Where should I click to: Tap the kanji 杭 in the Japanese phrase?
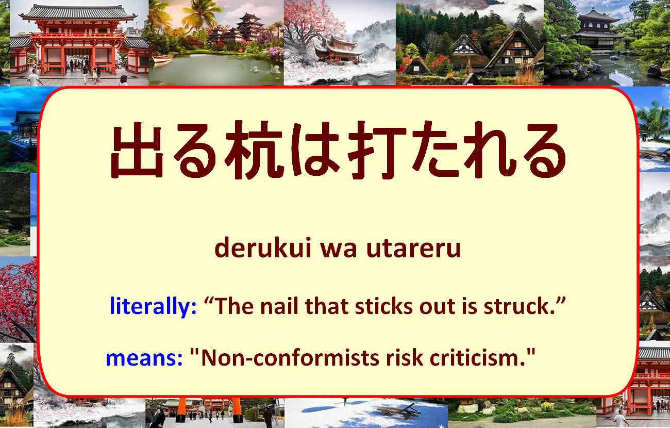[x=254, y=150]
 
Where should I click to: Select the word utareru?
[x=413, y=249]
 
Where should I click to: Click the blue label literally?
[x=153, y=306]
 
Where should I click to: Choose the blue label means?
[x=144, y=358]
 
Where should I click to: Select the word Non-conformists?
[x=290, y=358]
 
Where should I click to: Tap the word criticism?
[x=478, y=358]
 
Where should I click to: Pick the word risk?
[x=405, y=358]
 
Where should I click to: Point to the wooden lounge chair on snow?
[x=399, y=410]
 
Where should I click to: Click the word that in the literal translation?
[x=327, y=306]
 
